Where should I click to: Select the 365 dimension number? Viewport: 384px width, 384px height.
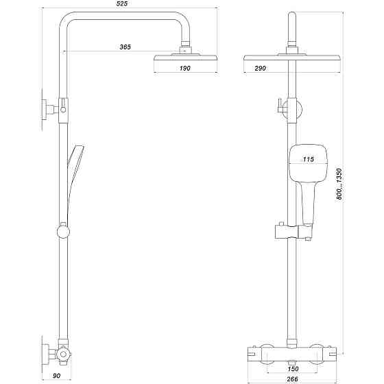[x=125, y=47]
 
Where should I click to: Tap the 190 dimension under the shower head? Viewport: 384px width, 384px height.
[x=185, y=69]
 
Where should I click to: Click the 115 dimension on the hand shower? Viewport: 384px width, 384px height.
[x=308, y=159]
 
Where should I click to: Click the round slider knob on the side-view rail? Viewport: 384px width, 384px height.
[x=63, y=230]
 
